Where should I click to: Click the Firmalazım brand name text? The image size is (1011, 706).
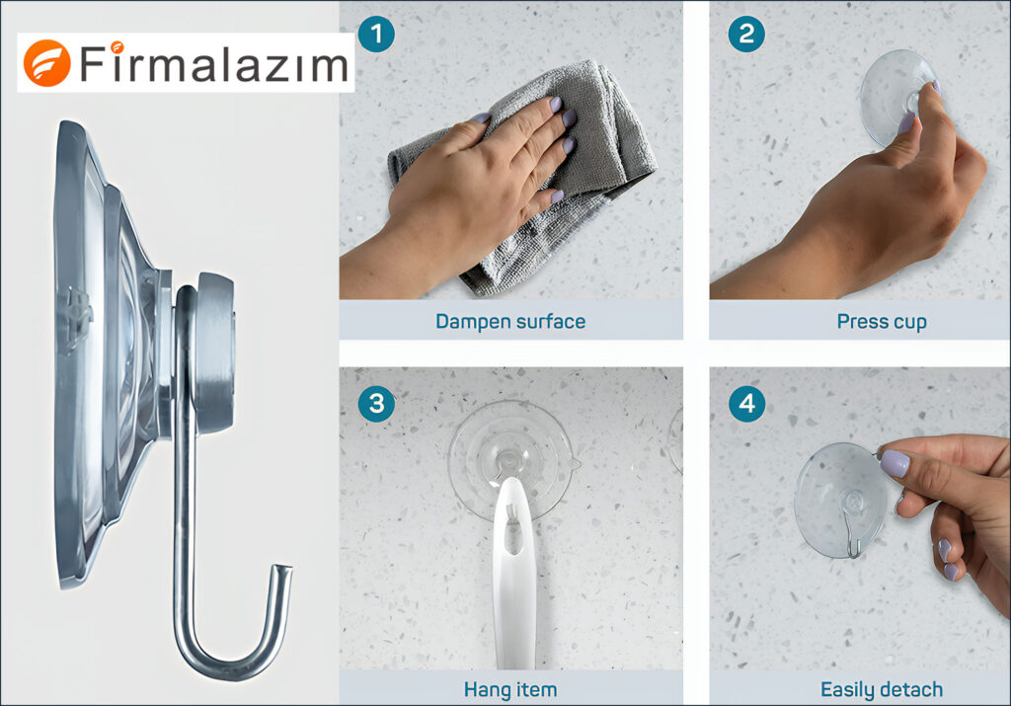point(214,65)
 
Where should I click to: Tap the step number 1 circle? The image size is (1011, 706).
point(376,35)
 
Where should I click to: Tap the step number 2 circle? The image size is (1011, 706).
point(745,35)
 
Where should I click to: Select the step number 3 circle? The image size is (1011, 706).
point(376,403)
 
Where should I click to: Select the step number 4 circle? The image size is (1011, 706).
point(745,403)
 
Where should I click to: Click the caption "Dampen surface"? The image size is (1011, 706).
point(510,321)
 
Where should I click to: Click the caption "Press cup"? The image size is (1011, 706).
point(881,321)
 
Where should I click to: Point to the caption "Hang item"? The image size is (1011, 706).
point(510,689)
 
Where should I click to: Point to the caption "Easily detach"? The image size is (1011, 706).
point(881,689)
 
